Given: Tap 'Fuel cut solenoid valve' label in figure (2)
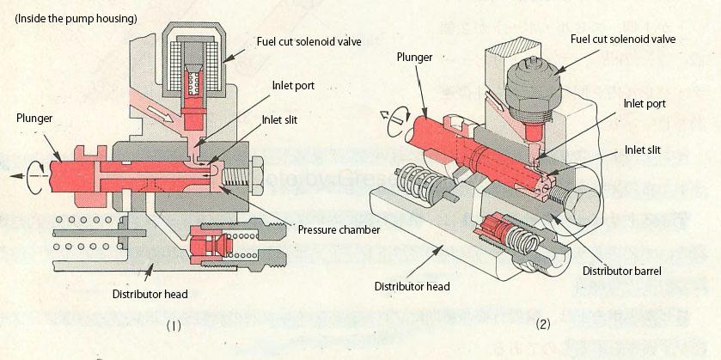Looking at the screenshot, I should tap(623, 39).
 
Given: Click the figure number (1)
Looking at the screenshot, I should tap(173, 326).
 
